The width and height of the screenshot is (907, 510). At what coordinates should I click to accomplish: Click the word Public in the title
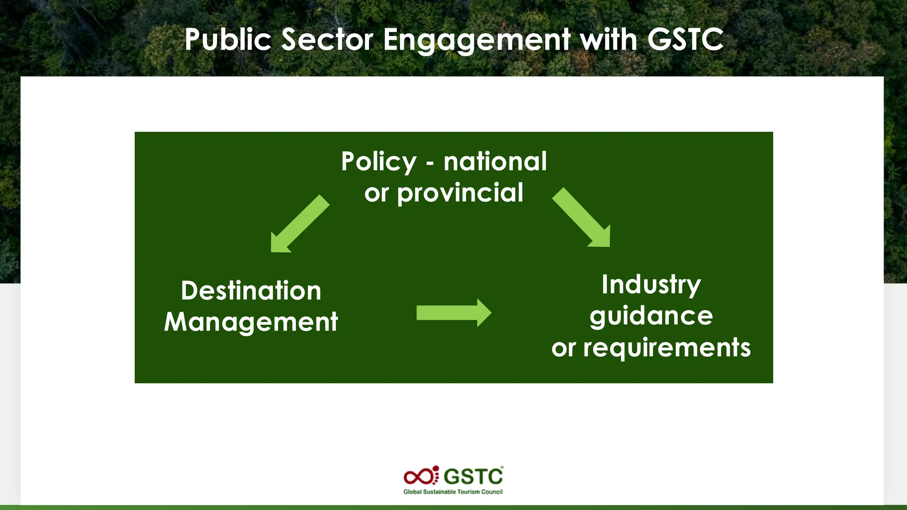pyautogui.click(x=228, y=40)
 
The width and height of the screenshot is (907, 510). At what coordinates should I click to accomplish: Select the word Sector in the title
pyautogui.click(x=327, y=40)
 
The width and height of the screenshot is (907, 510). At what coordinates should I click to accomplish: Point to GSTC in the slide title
pyautogui.click(x=685, y=40)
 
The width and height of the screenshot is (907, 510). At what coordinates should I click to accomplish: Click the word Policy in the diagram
pyautogui.click(x=379, y=162)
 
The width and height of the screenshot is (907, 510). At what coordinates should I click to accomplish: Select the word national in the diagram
pyautogui.click(x=495, y=162)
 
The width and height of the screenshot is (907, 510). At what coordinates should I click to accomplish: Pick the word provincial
pyautogui.click(x=460, y=193)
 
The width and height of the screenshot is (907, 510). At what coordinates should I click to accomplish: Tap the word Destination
pyautogui.click(x=251, y=291)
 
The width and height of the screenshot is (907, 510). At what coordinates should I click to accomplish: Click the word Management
pyautogui.click(x=251, y=322)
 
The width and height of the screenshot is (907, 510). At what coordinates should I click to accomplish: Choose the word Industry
pyautogui.click(x=651, y=285)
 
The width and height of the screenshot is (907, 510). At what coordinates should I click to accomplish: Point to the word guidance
pyautogui.click(x=651, y=316)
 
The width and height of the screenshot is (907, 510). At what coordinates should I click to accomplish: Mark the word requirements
pyautogui.click(x=667, y=348)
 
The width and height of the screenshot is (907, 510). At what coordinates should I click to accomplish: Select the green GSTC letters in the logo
pyautogui.click(x=473, y=477)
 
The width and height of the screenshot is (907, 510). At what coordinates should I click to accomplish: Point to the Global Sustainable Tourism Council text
pyautogui.click(x=453, y=492)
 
